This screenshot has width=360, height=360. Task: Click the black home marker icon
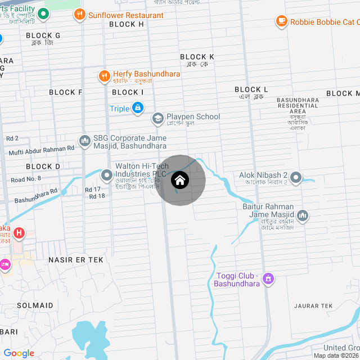pyautogui.click(x=180, y=181)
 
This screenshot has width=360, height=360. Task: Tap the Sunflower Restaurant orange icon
pyautogui.click(x=79, y=15)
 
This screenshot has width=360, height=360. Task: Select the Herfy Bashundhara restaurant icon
pyautogui.click(x=104, y=75)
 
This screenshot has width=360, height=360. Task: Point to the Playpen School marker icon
pyautogui.click(x=157, y=118)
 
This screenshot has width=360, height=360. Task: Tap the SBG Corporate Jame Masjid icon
pyautogui.click(x=85, y=139)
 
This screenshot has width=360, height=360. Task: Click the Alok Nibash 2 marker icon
pyautogui.click(x=296, y=178)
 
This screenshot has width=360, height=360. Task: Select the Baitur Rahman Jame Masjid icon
pyautogui.click(x=303, y=215)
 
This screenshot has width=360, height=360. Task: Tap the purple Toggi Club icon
pyautogui.click(x=268, y=278)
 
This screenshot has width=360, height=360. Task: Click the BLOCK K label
pyautogui.click(x=197, y=57)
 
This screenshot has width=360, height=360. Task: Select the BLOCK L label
pyautogui.click(x=251, y=89)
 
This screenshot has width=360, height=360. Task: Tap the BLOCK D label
pyautogui.click(x=43, y=166)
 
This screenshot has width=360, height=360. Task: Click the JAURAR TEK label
pyautogui.click(x=313, y=305)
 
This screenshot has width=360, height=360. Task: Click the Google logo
pyautogui.click(x=19, y=353)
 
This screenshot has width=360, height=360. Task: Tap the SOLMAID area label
pyautogui.click(x=35, y=305)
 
